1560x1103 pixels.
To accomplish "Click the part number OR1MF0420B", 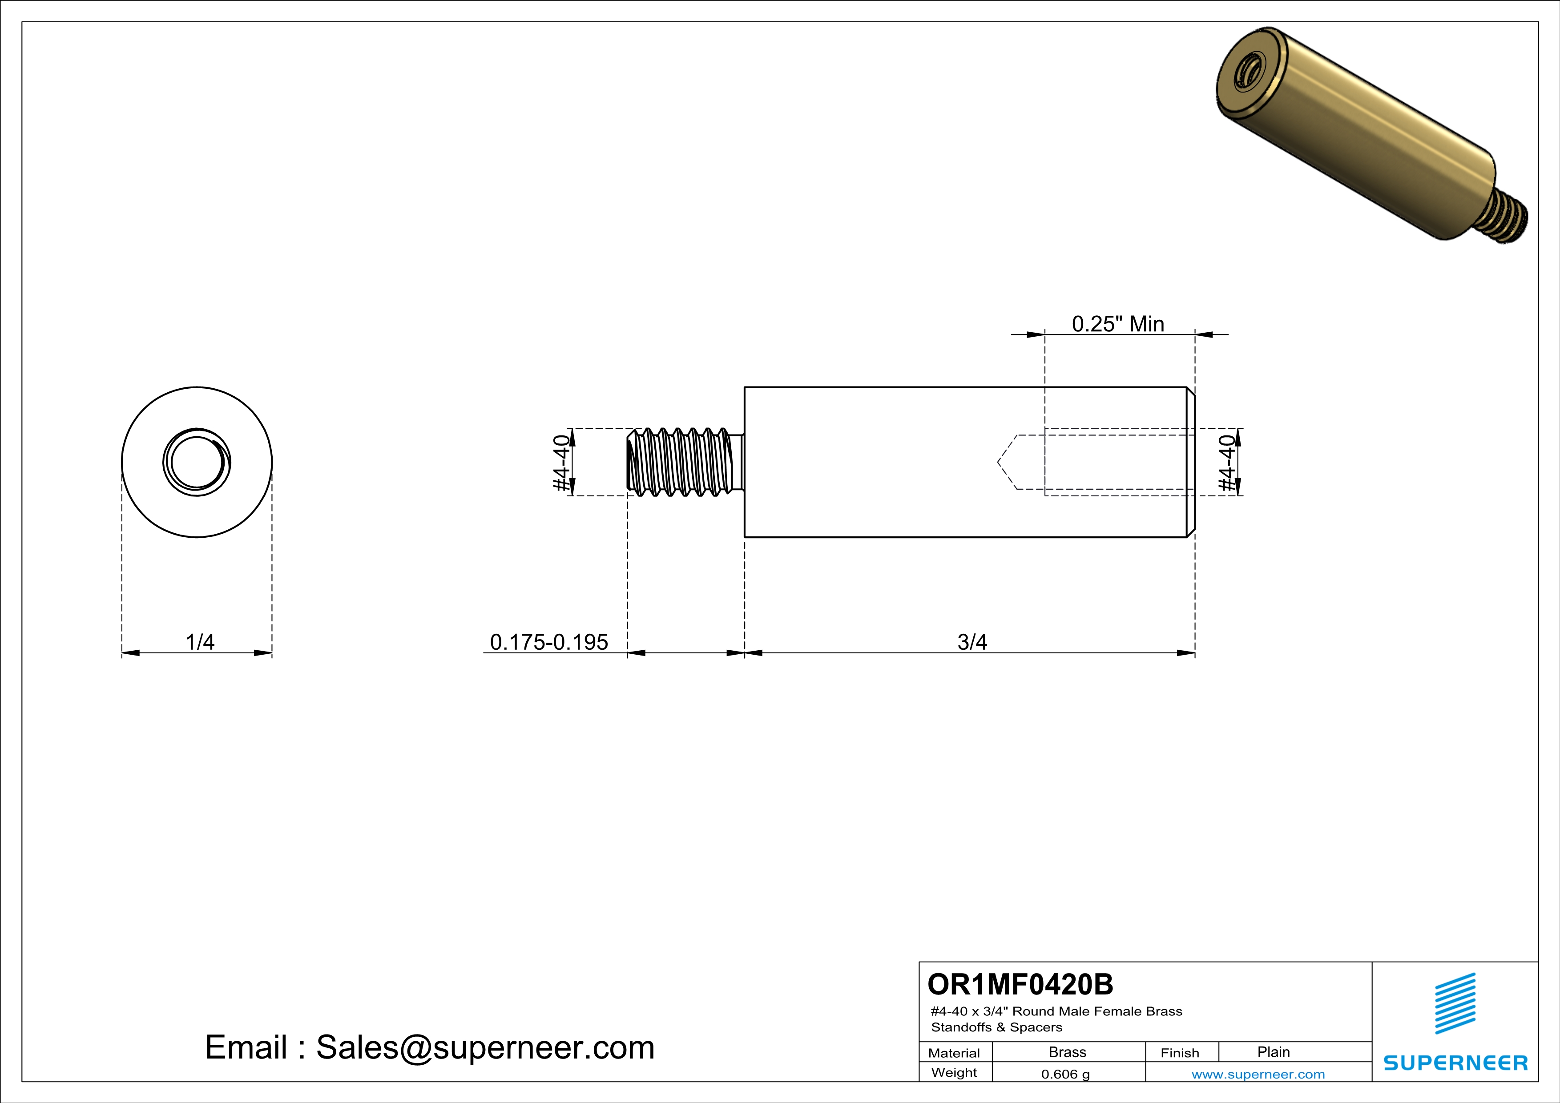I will click(x=1020, y=984).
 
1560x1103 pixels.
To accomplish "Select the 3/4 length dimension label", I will click(x=971, y=642).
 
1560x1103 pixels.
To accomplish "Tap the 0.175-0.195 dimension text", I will click(x=548, y=642).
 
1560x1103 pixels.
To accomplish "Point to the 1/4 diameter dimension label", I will click(x=200, y=642).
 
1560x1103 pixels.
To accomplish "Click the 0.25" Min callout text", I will click(x=1118, y=324).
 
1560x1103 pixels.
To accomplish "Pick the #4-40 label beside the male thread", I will click(x=561, y=463).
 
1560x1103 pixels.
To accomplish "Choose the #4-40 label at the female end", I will click(x=1226, y=463).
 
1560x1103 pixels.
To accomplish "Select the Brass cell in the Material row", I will click(x=1068, y=1052).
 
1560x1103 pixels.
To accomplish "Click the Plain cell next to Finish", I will click(x=1273, y=1052).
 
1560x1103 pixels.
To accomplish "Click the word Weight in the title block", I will click(x=954, y=1072).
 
